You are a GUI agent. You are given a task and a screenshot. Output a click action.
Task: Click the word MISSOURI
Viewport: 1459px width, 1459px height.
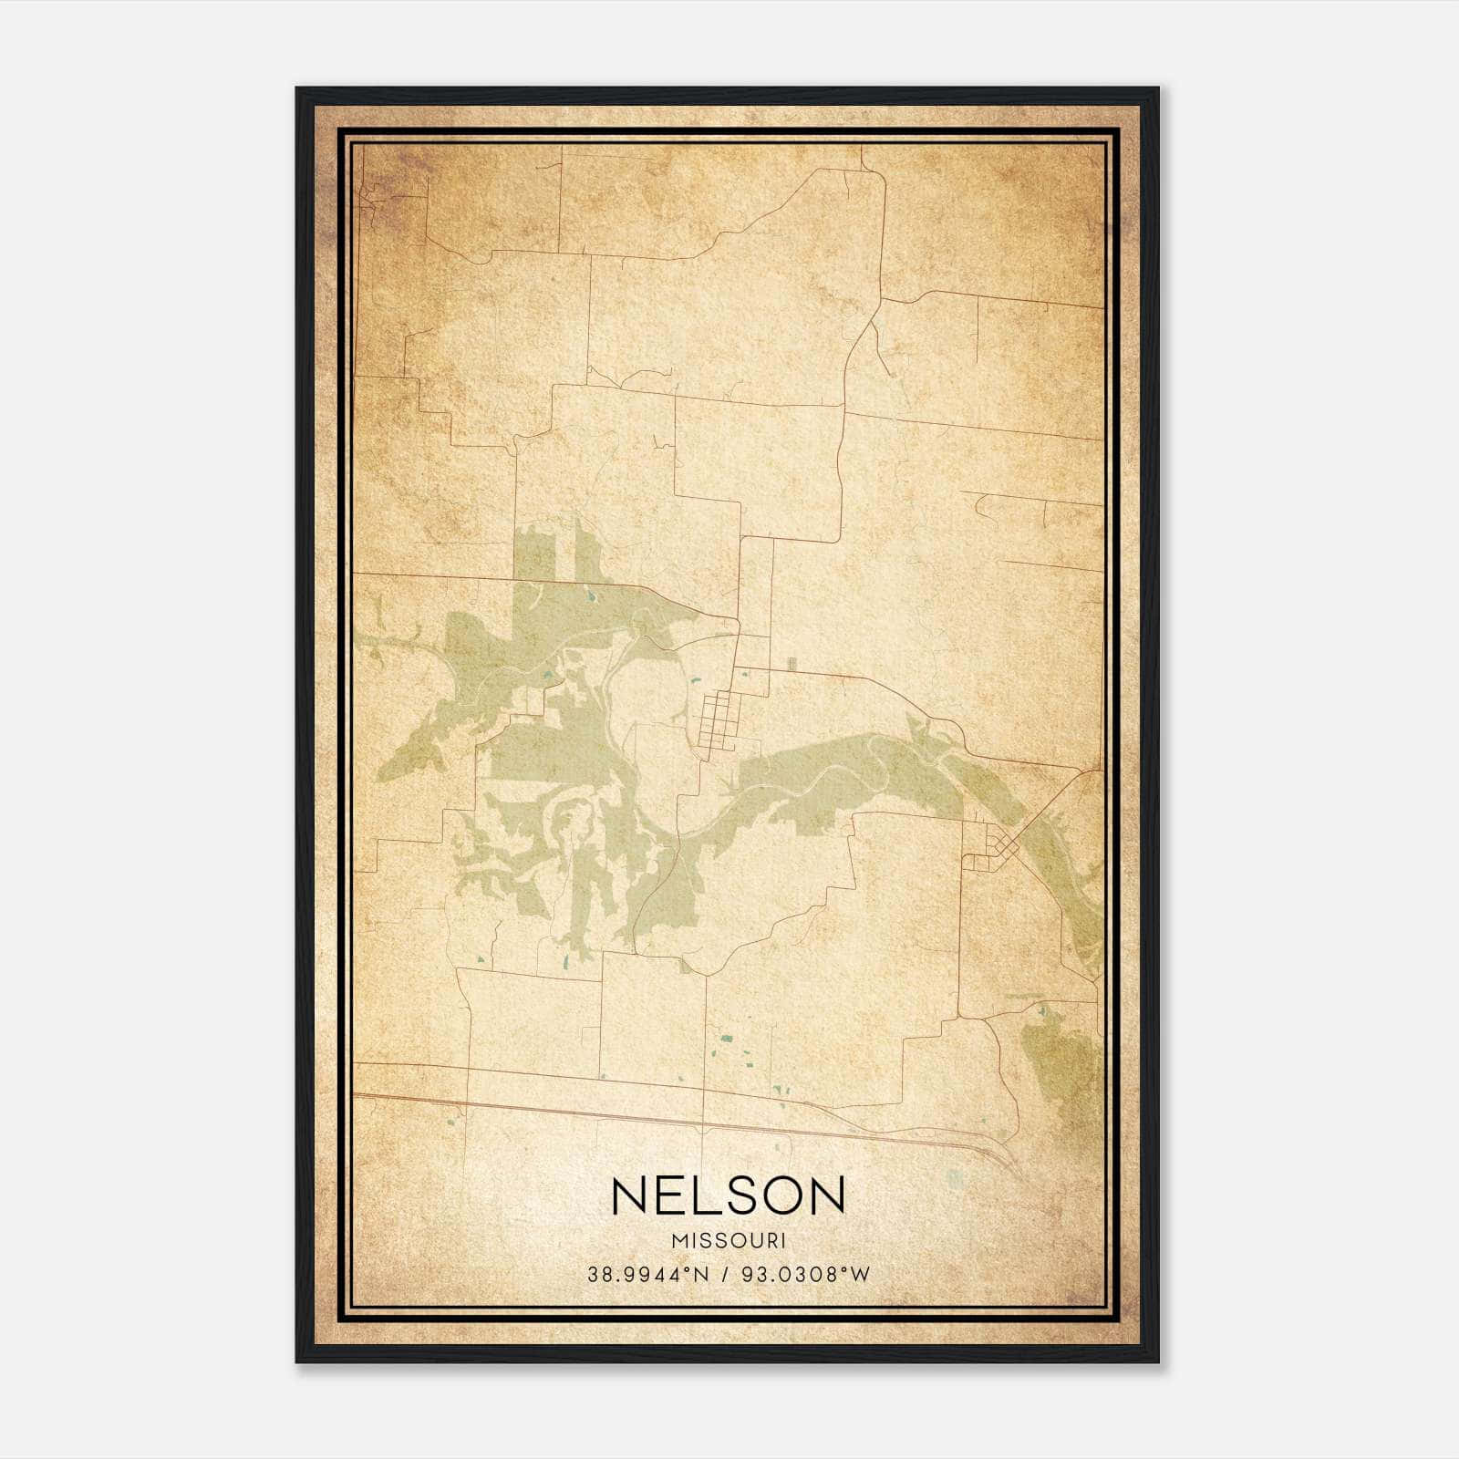point(729,1241)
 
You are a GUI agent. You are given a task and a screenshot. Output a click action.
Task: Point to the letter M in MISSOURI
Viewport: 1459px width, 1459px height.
point(677,1241)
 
